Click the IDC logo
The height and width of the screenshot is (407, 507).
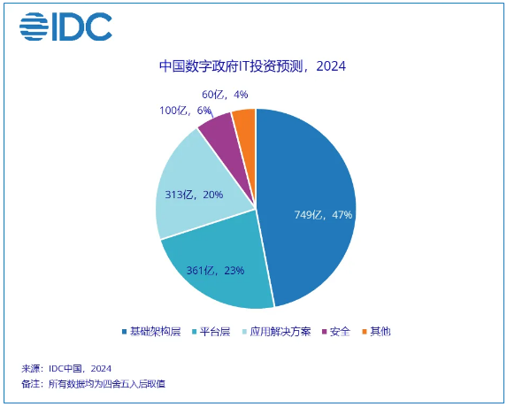coord(65,27)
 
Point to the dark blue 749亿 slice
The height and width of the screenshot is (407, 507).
coord(307,207)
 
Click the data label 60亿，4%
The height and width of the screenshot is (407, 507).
coord(225,95)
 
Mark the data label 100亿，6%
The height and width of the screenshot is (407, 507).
coord(185,111)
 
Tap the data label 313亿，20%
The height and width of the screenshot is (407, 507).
coord(194,195)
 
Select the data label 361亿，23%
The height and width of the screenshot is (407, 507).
coord(215,270)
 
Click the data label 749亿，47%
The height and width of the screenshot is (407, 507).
coord(323,215)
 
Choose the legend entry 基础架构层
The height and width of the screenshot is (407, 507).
coord(151,332)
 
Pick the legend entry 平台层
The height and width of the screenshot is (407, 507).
coord(211,332)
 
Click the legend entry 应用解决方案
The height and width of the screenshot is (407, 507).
coord(277,332)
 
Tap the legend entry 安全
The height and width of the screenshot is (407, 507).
coord(336,332)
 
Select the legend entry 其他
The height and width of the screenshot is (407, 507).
coord(377,332)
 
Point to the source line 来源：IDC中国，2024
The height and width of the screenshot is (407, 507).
coord(66,369)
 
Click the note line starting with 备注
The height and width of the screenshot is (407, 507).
coord(93,384)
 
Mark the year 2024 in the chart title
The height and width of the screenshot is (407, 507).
coord(331,66)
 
